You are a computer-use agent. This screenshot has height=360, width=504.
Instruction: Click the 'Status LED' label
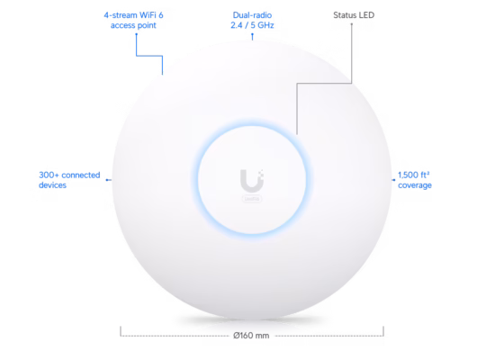(354, 15)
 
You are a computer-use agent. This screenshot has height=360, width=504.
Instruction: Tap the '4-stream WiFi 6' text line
(133, 15)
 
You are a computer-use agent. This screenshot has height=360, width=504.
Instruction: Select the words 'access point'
(133, 25)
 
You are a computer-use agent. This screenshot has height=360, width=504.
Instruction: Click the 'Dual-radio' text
(252, 15)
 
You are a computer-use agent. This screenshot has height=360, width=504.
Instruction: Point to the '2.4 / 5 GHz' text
(252, 25)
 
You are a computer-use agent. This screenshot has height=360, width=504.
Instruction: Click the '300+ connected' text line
(69, 175)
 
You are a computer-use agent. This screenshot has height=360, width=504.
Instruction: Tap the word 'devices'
(52, 185)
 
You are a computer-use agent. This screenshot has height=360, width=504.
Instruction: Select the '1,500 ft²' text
(414, 175)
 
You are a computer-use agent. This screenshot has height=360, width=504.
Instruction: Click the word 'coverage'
(415, 185)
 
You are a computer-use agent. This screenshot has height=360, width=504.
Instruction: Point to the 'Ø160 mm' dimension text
(251, 336)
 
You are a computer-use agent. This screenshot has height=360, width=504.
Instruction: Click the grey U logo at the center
(252, 180)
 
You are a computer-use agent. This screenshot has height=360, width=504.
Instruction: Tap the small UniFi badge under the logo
(252, 199)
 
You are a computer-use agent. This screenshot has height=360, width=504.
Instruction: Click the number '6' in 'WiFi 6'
(161, 15)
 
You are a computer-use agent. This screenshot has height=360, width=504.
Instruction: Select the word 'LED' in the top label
(367, 15)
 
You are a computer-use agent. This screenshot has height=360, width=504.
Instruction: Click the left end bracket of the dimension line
(121, 332)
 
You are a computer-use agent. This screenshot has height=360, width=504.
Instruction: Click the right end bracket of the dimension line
(383, 332)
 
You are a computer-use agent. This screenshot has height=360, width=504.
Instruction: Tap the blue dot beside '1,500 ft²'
(393, 180)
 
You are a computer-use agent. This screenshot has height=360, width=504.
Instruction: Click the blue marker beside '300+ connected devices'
(109, 180)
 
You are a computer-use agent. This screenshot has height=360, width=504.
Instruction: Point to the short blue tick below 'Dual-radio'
(252, 37)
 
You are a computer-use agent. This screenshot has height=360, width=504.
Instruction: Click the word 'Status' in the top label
(345, 15)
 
